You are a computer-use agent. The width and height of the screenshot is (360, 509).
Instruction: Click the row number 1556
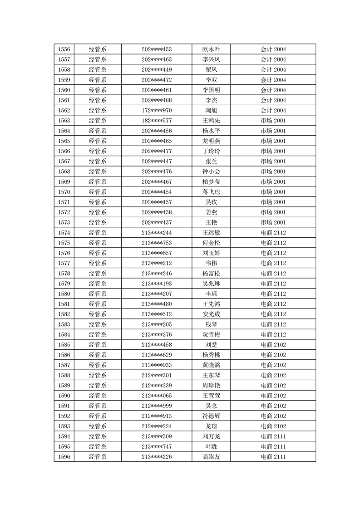click(x=64, y=49)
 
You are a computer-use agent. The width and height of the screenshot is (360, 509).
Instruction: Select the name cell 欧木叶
click(x=211, y=49)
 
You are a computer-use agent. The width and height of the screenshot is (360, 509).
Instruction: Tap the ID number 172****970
click(x=157, y=110)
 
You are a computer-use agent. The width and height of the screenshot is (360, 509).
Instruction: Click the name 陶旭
click(x=211, y=110)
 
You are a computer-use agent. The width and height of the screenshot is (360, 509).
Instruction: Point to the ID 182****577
click(x=157, y=121)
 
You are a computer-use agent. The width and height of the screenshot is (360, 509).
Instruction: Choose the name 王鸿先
click(x=211, y=121)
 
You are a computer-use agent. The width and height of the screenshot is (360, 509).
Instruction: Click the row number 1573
click(x=64, y=222)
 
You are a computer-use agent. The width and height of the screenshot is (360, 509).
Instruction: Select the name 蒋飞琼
click(x=211, y=192)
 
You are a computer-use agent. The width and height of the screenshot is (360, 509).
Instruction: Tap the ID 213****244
click(x=157, y=233)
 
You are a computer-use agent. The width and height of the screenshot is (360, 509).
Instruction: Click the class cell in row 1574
click(x=273, y=233)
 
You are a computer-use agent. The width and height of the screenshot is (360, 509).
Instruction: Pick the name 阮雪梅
click(x=211, y=334)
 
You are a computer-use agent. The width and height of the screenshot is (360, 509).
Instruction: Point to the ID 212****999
click(x=157, y=406)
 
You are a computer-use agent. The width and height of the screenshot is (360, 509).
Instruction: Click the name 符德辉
click(x=211, y=416)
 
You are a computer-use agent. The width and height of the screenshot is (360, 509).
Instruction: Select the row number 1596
click(x=64, y=456)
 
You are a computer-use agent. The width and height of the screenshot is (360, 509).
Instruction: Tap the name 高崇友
click(x=211, y=456)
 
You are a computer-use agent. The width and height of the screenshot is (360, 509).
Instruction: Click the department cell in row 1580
click(x=98, y=294)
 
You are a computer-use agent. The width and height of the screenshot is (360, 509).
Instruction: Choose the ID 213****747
click(x=157, y=446)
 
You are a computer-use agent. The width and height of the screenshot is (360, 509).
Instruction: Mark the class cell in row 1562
click(x=273, y=110)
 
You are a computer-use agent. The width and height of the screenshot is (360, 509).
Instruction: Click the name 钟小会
click(x=211, y=171)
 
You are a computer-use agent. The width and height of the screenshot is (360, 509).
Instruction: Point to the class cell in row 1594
click(x=273, y=436)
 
